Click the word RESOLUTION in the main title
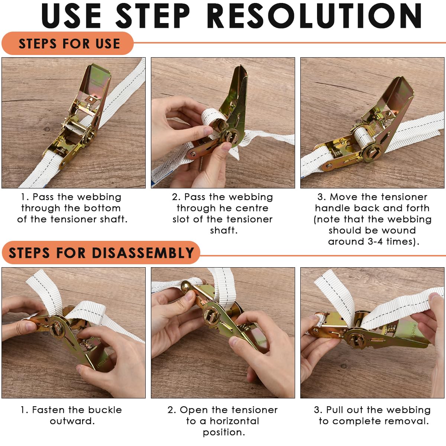click(x=314, y=16)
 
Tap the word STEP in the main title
click(x=153, y=16)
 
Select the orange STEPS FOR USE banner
click(x=68, y=43)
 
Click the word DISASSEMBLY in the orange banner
click(x=143, y=252)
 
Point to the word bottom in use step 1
click(x=102, y=208)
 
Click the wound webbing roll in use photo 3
click(x=363, y=136)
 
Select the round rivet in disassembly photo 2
click(x=185, y=286)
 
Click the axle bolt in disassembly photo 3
click(x=355, y=340)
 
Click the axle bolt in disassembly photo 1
click(x=55, y=329)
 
